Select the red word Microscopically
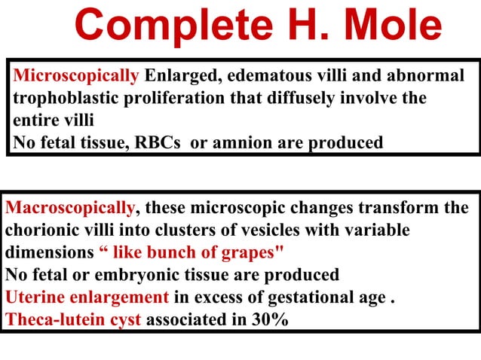76,76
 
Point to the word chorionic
38,230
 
